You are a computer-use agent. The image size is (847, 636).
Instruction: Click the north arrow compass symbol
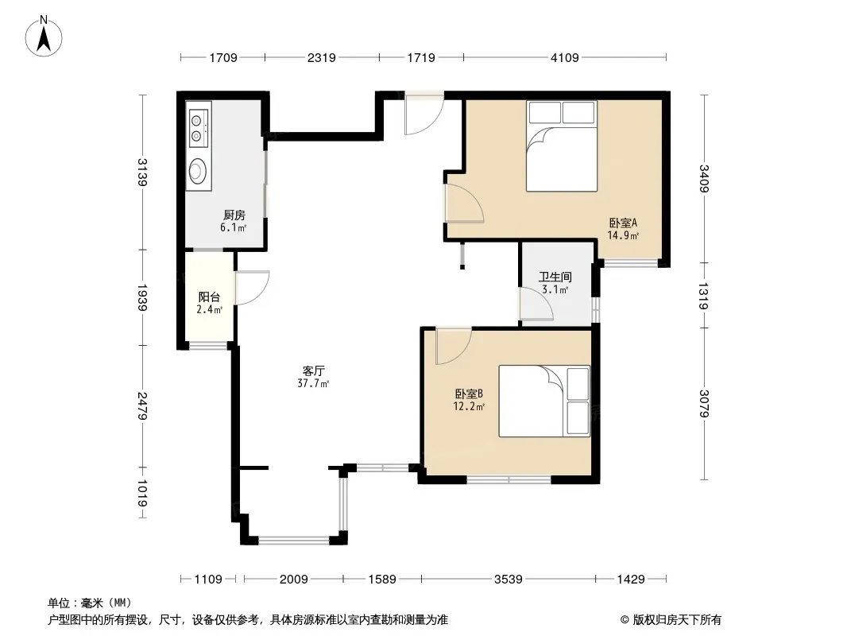click(x=44, y=37)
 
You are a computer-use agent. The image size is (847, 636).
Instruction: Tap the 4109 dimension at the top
click(x=564, y=57)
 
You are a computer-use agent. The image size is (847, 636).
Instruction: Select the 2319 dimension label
click(x=322, y=57)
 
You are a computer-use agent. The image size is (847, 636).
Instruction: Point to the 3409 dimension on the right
click(x=704, y=178)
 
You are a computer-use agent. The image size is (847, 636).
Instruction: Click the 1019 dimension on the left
click(x=142, y=494)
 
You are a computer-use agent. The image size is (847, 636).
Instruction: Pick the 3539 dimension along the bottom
click(x=509, y=580)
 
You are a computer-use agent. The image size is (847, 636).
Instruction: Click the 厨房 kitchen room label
click(x=234, y=215)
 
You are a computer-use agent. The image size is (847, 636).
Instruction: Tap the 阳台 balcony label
click(x=209, y=297)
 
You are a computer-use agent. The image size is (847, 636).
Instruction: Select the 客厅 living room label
click(x=313, y=370)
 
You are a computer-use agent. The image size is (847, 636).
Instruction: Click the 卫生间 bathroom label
click(x=555, y=277)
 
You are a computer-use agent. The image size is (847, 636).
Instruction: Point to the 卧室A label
click(x=624, y=223)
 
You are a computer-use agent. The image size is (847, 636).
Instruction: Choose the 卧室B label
click(x=469, y=394)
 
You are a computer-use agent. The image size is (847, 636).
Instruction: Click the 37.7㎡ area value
click(x=313, y=384)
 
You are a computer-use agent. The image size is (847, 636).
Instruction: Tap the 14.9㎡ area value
click(x=624, y=235)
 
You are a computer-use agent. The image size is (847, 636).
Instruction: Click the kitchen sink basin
click(x=198, y=170)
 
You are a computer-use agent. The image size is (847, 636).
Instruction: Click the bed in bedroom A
click(x=562, y=146)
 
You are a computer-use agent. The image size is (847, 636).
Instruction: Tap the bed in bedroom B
click(x=544, y=401)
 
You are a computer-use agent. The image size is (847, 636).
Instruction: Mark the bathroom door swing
click(x=536, y=304)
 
